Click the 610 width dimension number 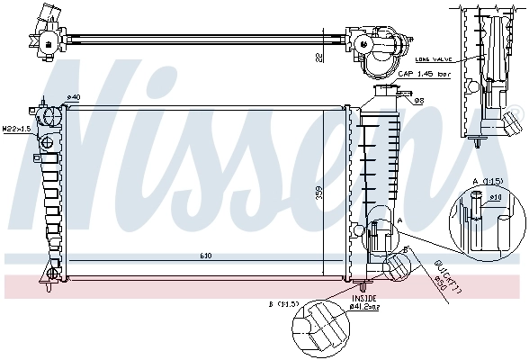(x=206, y=256)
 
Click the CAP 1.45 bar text (x=423, y=75)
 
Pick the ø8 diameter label (x=419, y=100)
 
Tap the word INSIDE (x=364, y=297)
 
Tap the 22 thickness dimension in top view (x=318, y=56)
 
